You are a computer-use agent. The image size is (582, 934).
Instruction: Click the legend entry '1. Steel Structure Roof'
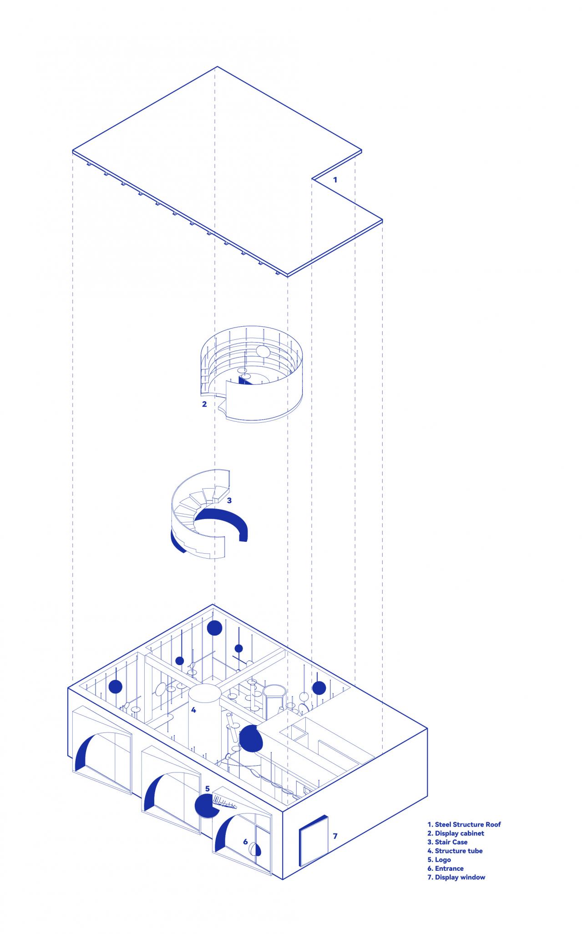point(464,824)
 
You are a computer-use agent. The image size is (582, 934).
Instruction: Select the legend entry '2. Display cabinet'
point(455,833)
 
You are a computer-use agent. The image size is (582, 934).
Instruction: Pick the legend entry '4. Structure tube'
point(455,850)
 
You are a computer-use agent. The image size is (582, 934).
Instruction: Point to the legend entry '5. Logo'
point(439,859)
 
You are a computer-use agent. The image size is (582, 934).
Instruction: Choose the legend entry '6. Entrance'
point(445,868)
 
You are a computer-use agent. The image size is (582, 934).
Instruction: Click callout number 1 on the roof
point(335,180)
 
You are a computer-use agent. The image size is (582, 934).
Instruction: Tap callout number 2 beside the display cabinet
point(204,404)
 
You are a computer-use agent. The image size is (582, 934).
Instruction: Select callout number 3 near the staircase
point(229,500)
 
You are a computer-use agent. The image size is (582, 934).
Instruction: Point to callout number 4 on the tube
point(193,722)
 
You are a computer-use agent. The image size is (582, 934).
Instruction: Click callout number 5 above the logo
point(207,788)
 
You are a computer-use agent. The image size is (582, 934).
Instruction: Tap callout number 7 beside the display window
point(335,836)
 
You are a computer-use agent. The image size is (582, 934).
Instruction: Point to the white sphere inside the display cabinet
point(263,352)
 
